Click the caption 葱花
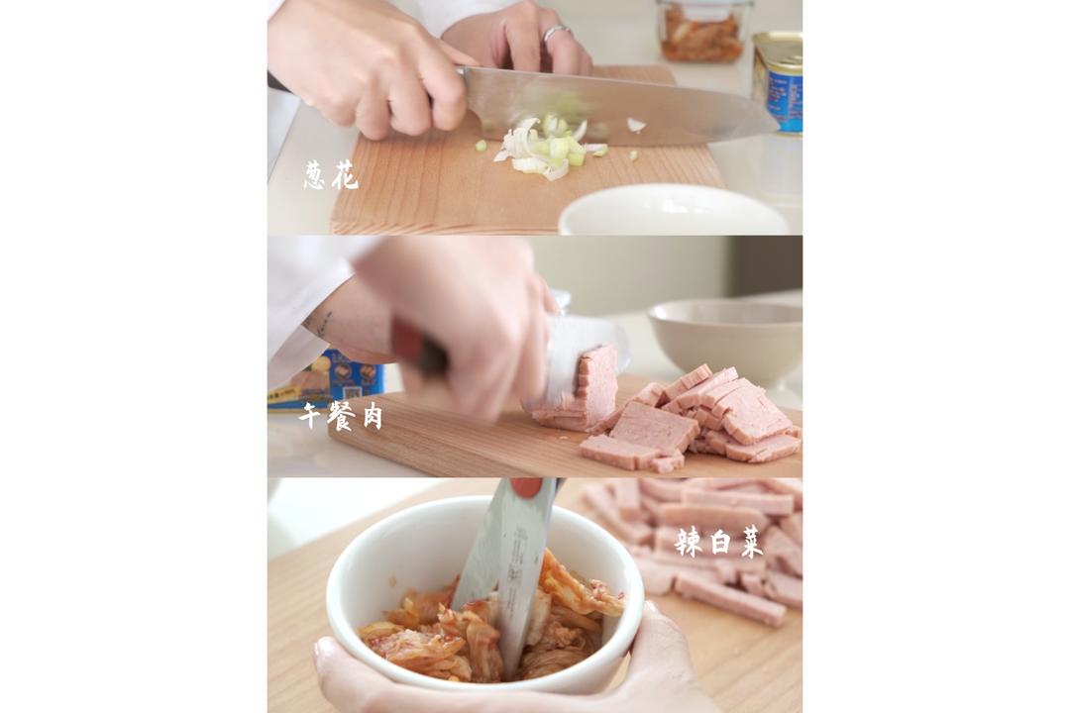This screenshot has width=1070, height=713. coord(331,176)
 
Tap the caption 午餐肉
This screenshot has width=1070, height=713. coord(341,416)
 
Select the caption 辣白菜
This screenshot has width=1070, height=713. coord(718,542)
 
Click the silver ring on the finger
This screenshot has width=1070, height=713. coord(556,33)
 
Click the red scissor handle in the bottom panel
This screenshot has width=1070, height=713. coord(526,487)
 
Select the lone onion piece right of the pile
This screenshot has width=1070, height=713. coord(635,125)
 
